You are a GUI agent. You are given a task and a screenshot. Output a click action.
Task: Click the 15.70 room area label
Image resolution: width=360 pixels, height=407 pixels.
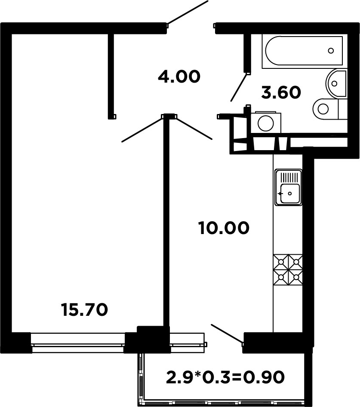[85, 310]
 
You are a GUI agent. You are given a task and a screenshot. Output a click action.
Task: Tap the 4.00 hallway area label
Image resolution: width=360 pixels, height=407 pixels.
[179, 77]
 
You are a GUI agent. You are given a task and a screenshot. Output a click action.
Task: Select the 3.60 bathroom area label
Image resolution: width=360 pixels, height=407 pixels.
[281, 92]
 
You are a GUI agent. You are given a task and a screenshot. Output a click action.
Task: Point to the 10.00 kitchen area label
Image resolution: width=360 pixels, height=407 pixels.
[224, 228]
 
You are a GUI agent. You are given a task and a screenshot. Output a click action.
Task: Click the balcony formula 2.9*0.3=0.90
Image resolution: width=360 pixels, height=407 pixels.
[225, 377]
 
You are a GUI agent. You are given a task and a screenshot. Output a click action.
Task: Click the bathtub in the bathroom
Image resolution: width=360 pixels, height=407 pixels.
[304, 50]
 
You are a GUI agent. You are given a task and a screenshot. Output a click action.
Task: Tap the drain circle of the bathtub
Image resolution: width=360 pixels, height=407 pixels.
[331, 51]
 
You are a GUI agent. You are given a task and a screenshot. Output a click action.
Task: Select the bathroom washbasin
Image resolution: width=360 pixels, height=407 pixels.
[336, 83]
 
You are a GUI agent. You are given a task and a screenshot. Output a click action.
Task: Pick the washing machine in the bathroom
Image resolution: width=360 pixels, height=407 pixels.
[265, 123]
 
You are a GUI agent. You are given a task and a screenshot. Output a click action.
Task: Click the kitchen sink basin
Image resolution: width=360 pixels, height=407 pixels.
[289, 194]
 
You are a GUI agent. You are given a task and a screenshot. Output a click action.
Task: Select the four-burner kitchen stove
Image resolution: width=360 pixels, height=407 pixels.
[288, 270]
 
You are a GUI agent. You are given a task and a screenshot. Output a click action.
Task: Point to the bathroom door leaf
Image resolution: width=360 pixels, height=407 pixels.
[238, 87]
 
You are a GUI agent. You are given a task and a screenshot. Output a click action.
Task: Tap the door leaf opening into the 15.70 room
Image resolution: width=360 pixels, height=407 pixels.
[142, 129]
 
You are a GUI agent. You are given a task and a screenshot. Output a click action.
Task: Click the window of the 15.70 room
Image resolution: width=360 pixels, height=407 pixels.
[78, 342]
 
